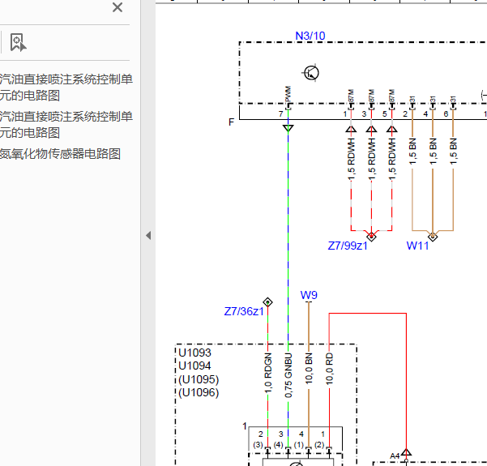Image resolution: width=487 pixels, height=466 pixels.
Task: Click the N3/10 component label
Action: point(310,36)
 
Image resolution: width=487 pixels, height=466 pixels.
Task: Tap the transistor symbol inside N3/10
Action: point(310,73)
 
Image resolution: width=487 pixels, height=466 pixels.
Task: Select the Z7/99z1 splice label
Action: point(348,246)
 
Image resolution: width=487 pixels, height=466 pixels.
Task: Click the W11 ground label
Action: point(417,246)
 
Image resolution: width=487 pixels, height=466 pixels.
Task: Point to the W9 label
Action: point(309,295)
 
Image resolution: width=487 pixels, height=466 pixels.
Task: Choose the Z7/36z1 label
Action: point(244,312)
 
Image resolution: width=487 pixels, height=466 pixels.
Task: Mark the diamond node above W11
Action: point(433,237)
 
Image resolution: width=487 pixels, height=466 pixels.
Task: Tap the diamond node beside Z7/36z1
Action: point(267,302)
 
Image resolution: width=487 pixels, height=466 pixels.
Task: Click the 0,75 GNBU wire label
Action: point(288,375)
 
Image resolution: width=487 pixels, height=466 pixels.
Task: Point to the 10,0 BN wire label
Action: point(309,369)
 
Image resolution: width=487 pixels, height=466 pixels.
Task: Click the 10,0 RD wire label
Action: point(329,369)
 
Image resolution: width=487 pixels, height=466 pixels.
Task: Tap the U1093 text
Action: point(194,353)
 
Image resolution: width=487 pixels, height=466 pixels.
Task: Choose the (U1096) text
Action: point(199,393)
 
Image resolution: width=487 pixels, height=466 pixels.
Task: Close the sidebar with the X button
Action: point(117,8)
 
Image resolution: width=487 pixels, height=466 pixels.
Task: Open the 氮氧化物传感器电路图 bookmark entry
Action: point(60,154)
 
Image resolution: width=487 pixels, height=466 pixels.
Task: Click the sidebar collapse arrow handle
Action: point(148,235)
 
